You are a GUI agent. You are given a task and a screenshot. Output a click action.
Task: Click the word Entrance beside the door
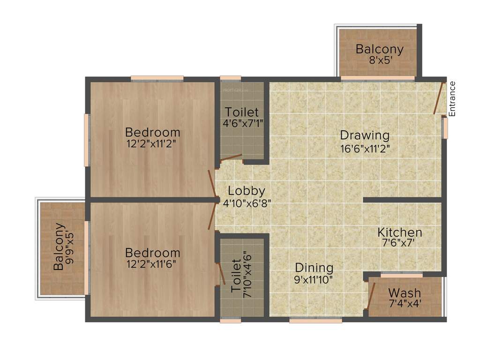click(x=452, y=99)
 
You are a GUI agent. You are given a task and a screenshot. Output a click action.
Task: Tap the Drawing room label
click(x=365, y=135)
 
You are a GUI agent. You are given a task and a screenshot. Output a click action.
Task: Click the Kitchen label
click(x=400, y=232)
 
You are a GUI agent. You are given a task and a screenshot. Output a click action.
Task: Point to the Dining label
click(x=314, y=268)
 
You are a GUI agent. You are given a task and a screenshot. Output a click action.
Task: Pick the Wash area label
click(x=405, y=293)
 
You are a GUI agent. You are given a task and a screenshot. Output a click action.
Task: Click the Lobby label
click(x=247, y=191)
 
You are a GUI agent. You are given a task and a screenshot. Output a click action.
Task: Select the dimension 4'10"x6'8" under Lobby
click(x=247, y=203)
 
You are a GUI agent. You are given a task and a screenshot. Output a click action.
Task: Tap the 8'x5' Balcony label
click(x=379, y=49)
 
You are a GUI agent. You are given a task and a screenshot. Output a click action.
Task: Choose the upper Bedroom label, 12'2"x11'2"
click(x=152, y=132)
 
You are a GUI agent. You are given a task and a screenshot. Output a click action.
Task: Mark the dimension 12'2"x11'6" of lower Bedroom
click(x=153, y=265)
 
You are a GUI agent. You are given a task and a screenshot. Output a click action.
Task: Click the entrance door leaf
click(x=439, y=98)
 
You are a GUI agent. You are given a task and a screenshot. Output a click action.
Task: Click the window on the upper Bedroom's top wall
click(x=157, y=78)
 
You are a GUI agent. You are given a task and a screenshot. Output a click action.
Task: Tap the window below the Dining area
click(x=315, y=321)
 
